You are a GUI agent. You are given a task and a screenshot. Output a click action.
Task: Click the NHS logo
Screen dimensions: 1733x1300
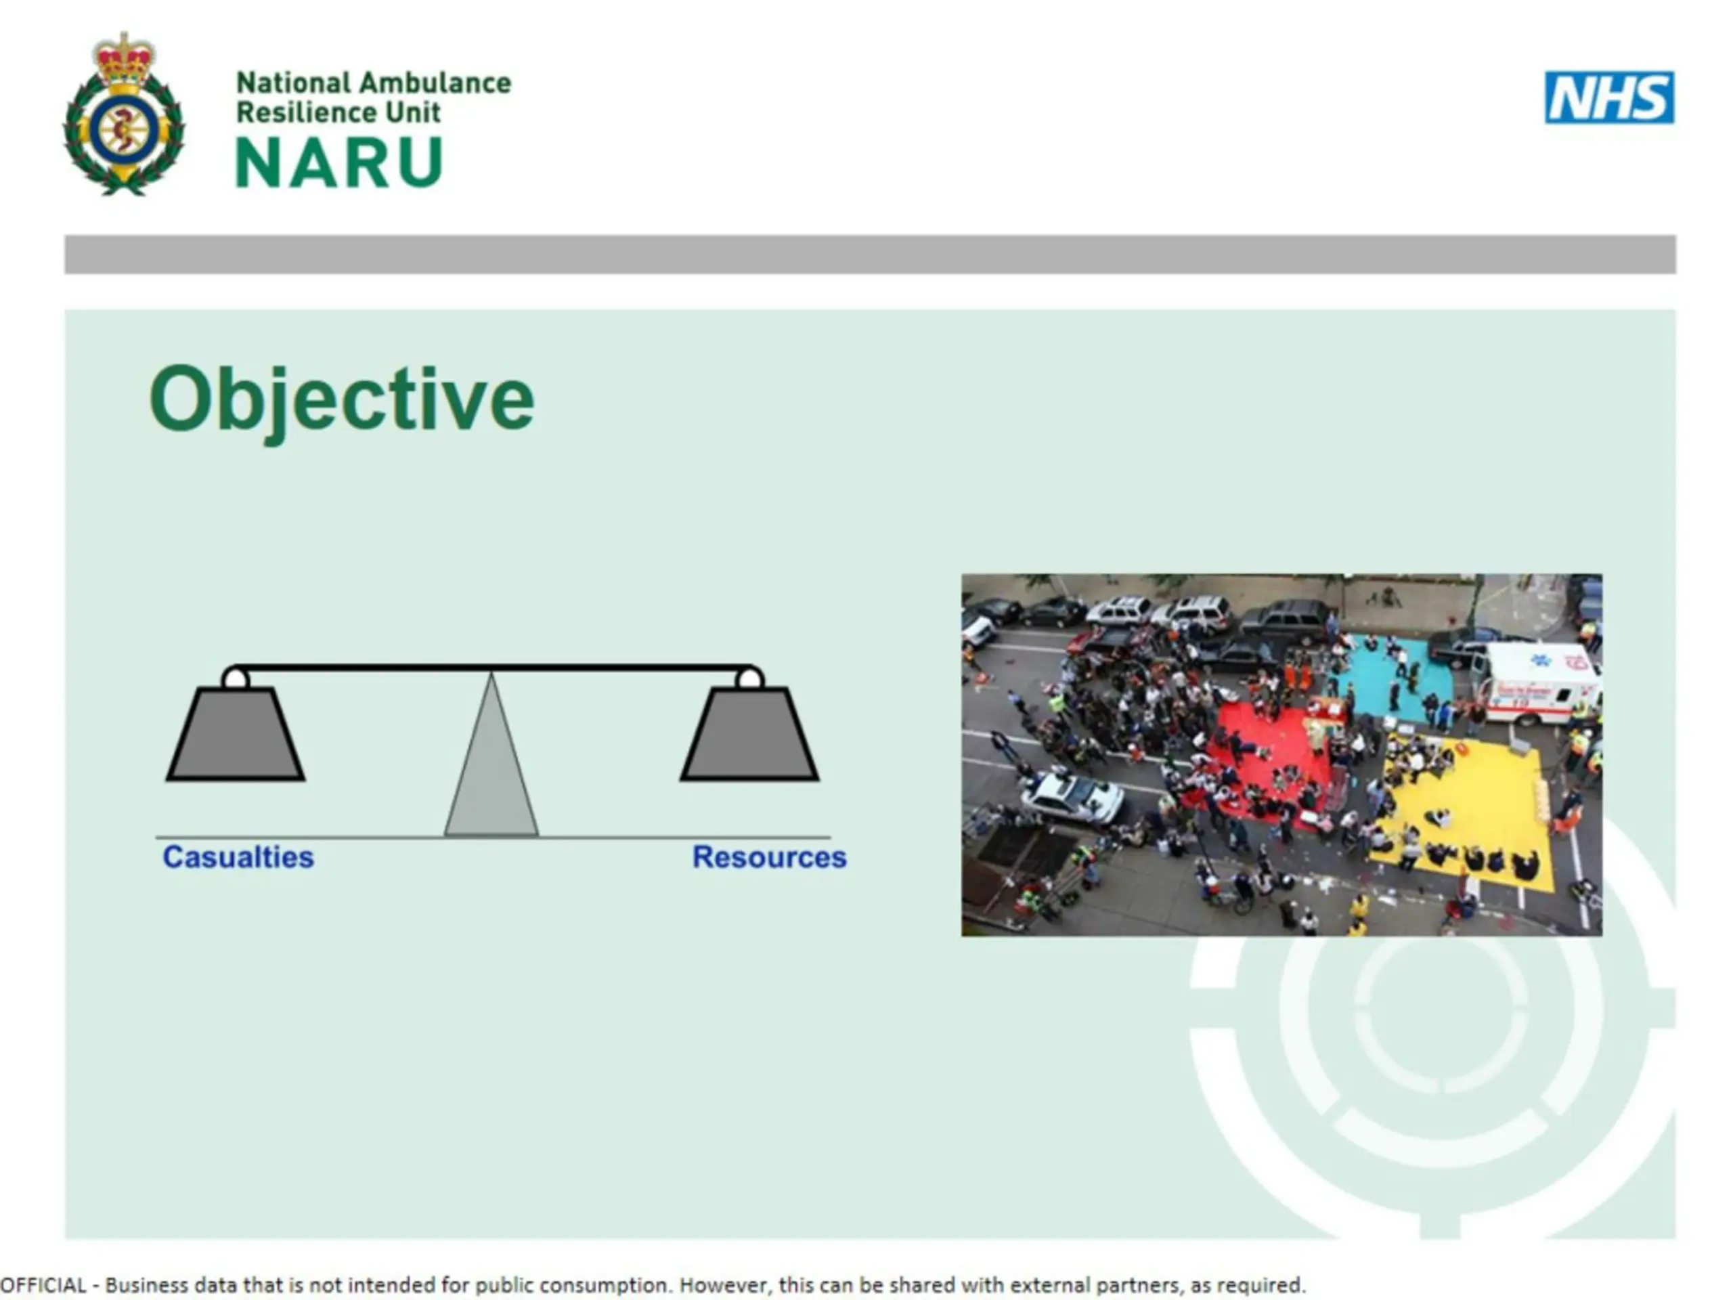point(1609,98)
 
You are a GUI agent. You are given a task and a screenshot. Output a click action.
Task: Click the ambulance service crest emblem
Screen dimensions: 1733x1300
point(124,114)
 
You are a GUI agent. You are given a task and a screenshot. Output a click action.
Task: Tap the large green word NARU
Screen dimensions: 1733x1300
point(339,162)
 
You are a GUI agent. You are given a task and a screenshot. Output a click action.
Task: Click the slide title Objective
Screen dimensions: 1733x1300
point(342,400)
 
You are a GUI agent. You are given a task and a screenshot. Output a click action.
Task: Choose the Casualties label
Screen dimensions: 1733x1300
point(238,857)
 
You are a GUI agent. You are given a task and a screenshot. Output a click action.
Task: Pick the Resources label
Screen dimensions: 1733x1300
point(769,857)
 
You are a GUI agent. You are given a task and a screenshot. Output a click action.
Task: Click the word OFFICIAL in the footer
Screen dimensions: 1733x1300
point(43,1285)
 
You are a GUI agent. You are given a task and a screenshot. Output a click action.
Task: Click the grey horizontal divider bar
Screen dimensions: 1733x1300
point(870,255)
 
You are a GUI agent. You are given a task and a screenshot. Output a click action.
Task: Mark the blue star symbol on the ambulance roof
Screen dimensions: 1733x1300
point(1540,659)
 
